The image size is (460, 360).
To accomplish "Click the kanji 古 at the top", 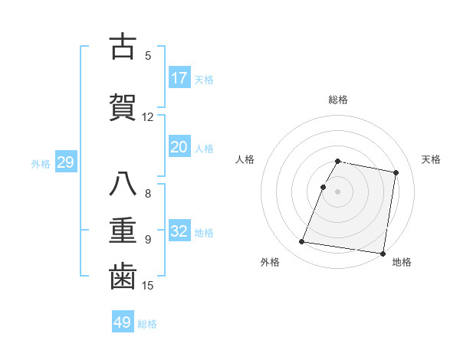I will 123,47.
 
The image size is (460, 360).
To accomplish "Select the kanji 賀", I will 123,107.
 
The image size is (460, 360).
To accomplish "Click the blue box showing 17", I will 179,78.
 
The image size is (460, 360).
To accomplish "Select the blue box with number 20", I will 179,148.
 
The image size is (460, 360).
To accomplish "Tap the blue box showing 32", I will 179,232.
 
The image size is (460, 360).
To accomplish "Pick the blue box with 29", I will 65,163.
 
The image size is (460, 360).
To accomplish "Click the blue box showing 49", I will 123,322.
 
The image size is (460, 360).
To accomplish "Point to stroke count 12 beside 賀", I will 148,117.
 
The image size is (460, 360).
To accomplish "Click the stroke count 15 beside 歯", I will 148,286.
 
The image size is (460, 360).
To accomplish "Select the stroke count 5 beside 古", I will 148,56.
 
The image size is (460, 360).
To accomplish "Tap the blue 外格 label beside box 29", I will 41,164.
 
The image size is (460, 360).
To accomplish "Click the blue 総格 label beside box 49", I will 147,324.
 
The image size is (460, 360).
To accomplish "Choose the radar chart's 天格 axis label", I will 431,159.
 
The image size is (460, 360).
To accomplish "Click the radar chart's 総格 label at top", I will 338,100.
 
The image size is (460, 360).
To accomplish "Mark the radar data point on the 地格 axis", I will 383,253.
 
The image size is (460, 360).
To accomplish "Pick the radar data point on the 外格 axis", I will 301,242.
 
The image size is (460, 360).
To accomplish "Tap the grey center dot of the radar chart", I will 338,191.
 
